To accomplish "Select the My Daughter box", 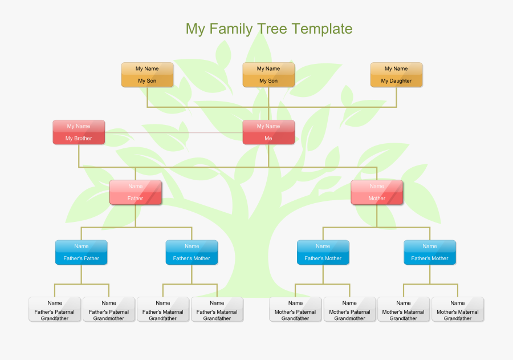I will pos(396,75).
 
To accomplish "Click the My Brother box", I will pos(79,132).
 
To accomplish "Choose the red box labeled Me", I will pos(268,132).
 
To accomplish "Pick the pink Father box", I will pos(135,192).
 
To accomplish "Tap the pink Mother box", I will pos(377,192).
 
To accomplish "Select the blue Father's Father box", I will pos(81,252).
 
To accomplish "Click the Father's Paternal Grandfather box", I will pos(55,310).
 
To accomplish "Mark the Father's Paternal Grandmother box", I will pos(109,310).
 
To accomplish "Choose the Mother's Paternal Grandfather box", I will pos(295,310).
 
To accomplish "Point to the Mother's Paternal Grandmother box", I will pos(349,310).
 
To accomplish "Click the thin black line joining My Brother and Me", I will pos(171,132).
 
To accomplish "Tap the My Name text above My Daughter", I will pos(396,68).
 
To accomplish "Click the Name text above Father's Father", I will pos(81,246).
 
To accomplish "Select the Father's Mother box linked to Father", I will pos(192,252).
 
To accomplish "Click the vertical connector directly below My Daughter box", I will pos(396,97).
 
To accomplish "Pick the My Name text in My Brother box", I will pos(79,126).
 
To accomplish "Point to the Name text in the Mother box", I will pos(377,186).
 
